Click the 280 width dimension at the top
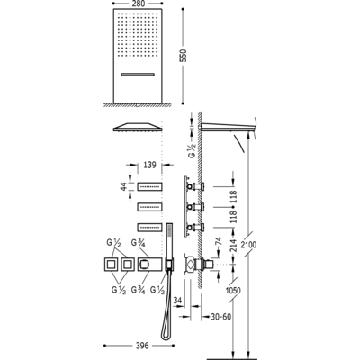pos(138,4)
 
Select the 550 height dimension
pos(183,56)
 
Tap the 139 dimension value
pos(149,165)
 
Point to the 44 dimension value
pos(123,186)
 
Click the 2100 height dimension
pos(248,245)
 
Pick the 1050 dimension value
pos(233,291)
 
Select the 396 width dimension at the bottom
pos(141,346)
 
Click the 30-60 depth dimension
pos(220,317)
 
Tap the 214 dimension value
pos(234,244)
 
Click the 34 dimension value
pos(178,300)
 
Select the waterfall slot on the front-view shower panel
pos(138,74)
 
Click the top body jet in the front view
pos(150,186)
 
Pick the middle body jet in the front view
pos(150,207)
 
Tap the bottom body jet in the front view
pos(150,228)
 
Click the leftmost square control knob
pos(112,265)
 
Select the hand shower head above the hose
pos(169,241)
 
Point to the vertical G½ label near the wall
pos(192,150)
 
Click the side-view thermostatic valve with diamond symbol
pos(191,265)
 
